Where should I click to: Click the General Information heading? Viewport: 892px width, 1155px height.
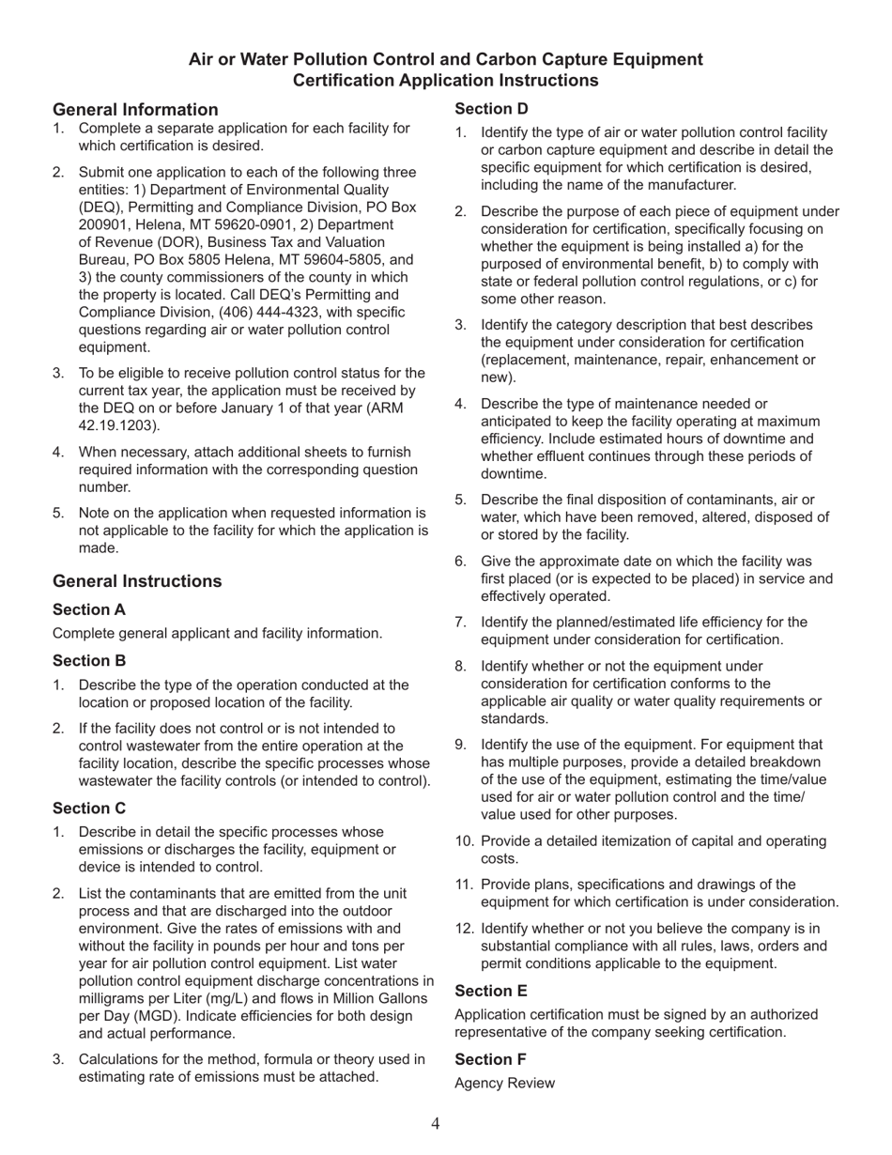click(x=135, y=110)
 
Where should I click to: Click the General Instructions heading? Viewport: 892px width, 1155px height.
click(x=137, y=581)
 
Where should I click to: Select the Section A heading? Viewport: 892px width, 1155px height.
click(x=89, y=610)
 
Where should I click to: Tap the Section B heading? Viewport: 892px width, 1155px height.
click(x=89, y=661)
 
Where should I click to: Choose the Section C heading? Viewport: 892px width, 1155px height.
click(x=89, y=808)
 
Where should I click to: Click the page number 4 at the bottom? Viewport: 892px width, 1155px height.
click(x=436, y=1124)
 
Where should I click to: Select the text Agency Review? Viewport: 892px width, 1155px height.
click(x=504, y=1084)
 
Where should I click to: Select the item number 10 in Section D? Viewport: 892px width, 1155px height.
click(x=464, y=841)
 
